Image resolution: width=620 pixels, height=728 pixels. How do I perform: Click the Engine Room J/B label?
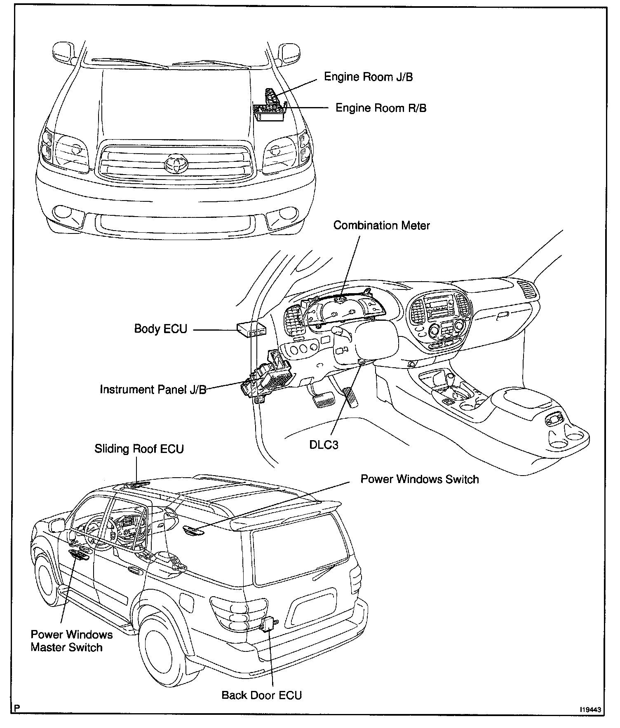pyautogui.click(x=368, y=77)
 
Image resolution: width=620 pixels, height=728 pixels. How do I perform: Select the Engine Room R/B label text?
pyautogui.click(x=381, y=108)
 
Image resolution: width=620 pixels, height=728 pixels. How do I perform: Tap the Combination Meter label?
pyautogui.click(x=381, y=226)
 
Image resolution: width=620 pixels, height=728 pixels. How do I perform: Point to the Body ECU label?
pyautogui.click(x=161, y=329)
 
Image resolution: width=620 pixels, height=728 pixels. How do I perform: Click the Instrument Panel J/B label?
pyautogui.click(x=153, y=390)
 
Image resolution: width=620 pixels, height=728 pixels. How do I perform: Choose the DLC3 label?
pyautogui.click(x=324, y=445)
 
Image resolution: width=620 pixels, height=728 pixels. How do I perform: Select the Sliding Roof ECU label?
pyautogui.click(x=139, y=449)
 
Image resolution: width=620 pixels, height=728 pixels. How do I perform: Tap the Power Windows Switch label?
pyautogui.click(x=419, y=479)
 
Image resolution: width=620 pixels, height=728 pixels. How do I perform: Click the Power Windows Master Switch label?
pyautogui.click(x=71, y=641)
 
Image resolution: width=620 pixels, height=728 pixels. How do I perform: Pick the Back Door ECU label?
pyautogui.click(x=262, y=695)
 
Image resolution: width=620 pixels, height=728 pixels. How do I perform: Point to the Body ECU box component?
pyautogui.click(x=251, y=330)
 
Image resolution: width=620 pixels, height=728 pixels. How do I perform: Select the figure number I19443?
pyautogui.click(x=591, y=710)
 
